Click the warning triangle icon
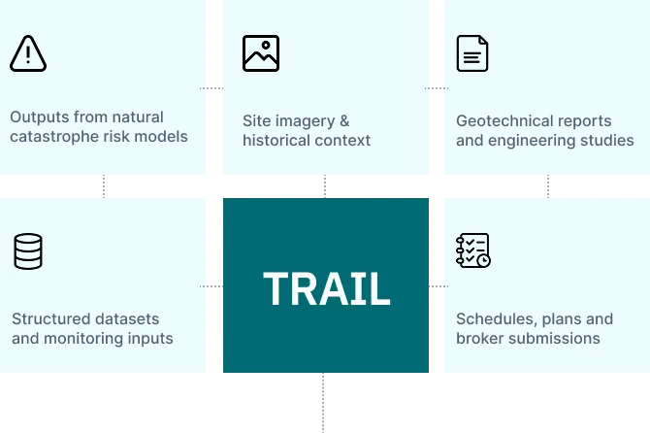(28, 53)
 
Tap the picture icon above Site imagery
(261, 53)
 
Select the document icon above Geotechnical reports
(472, 53)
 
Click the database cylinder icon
(28, 251)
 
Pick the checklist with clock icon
(473, 250)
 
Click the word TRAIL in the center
(326, 288)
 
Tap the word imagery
(300, 120)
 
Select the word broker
(480, 339)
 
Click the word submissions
(555, 339)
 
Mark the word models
(163, 136)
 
